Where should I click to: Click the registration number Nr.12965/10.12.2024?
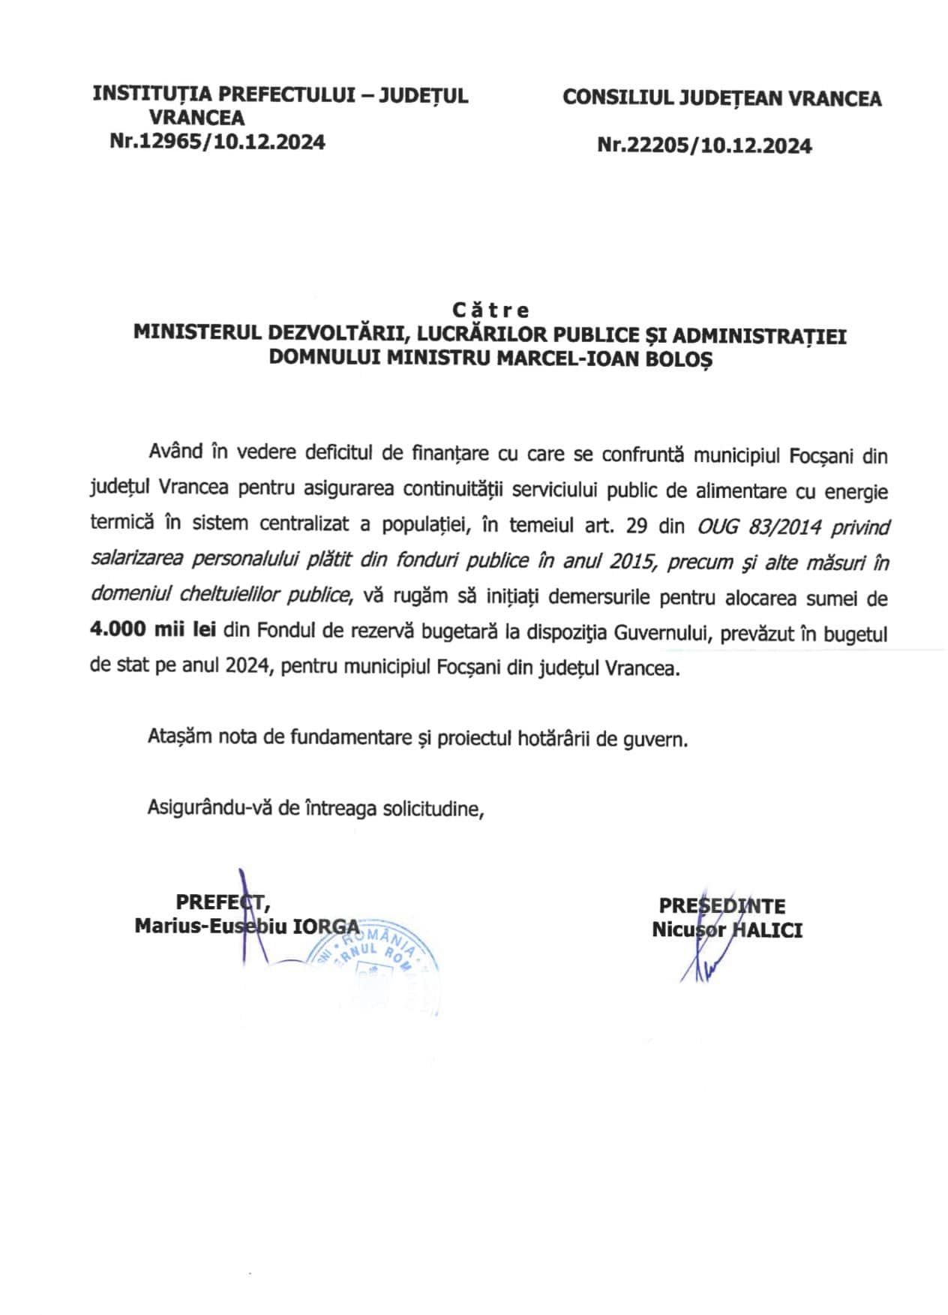217,142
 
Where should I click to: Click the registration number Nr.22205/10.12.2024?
704,146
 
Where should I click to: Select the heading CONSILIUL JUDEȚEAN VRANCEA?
721,98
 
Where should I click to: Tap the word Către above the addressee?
490,310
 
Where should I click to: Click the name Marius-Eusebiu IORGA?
247,926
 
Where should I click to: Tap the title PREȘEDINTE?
722,906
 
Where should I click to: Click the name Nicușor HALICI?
727,930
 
